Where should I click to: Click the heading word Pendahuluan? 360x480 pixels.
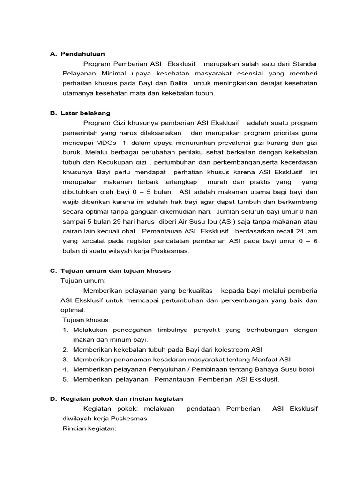(x=82, y=54)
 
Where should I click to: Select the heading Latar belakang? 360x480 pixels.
(x=85, y=113)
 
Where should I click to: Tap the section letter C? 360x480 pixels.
(x=53, y=270)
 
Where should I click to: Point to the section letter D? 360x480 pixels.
(x=53, y=398)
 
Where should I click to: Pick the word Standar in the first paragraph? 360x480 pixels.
(x=305, y=64)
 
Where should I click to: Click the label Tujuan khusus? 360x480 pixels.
(x=87, y=320)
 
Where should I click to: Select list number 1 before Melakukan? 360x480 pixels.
(x=65, y=330)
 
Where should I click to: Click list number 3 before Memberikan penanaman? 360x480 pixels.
(x=65, y=359)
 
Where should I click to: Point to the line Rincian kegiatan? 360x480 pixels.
(x=89, y=428)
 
